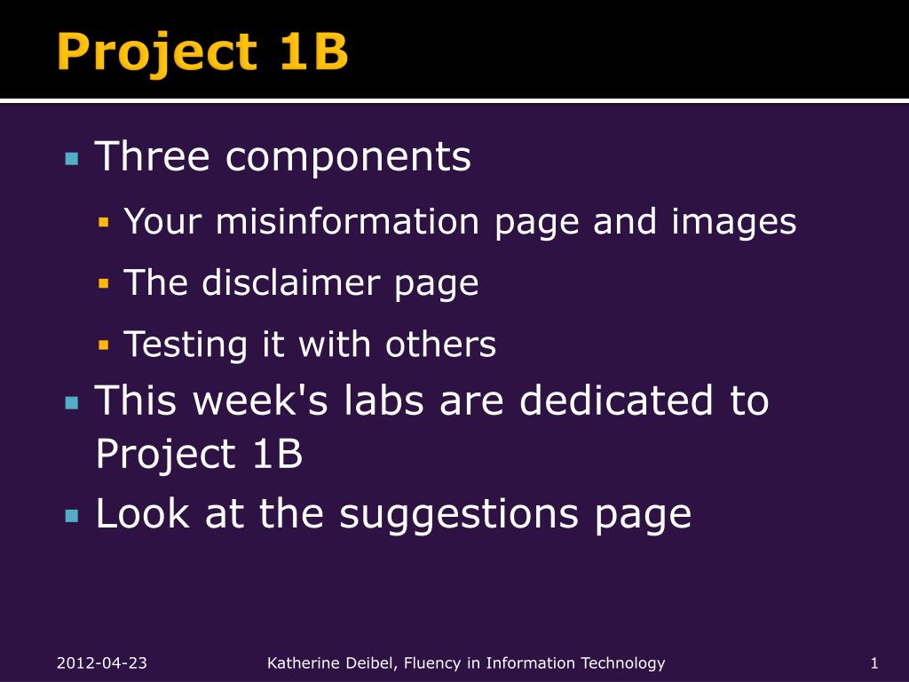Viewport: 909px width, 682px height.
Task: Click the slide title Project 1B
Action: [x=202, y=52]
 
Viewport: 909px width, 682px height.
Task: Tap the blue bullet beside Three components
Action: [x=72, y=158]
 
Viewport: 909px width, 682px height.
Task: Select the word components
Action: [x=348, y=158]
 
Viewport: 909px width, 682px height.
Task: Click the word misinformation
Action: [x=347, y=221]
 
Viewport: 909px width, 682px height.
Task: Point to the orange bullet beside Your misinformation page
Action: [x=104, y=222]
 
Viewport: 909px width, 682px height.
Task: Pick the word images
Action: [x=734, y=223]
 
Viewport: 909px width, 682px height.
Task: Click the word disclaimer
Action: [x=291, y=282]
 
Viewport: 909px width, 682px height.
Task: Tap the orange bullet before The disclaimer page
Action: [x=104, y=283]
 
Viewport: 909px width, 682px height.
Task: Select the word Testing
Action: [x=186, y=345]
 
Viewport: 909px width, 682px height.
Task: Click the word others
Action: [x=440, y=344]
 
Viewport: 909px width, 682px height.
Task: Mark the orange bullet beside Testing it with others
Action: [x=104, y=345]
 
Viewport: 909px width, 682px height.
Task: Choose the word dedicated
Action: [x=616, y=400]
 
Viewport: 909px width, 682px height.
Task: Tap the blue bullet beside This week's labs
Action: [x=72, y=402]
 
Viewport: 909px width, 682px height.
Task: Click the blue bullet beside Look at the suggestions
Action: [x=72, y=516]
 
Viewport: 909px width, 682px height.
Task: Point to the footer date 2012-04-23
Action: [x=102, y=662]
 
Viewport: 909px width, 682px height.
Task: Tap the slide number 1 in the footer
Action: [x=874, y=662]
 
